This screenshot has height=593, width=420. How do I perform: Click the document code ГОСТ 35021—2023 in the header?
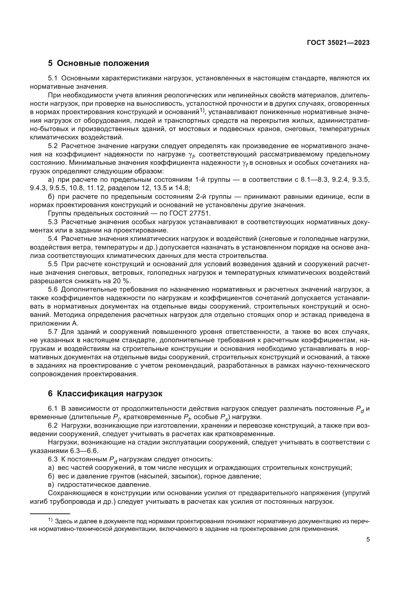click(338, 43)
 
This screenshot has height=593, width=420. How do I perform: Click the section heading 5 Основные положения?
click(99, 63)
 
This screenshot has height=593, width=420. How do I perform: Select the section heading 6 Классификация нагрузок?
click(105, 393)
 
